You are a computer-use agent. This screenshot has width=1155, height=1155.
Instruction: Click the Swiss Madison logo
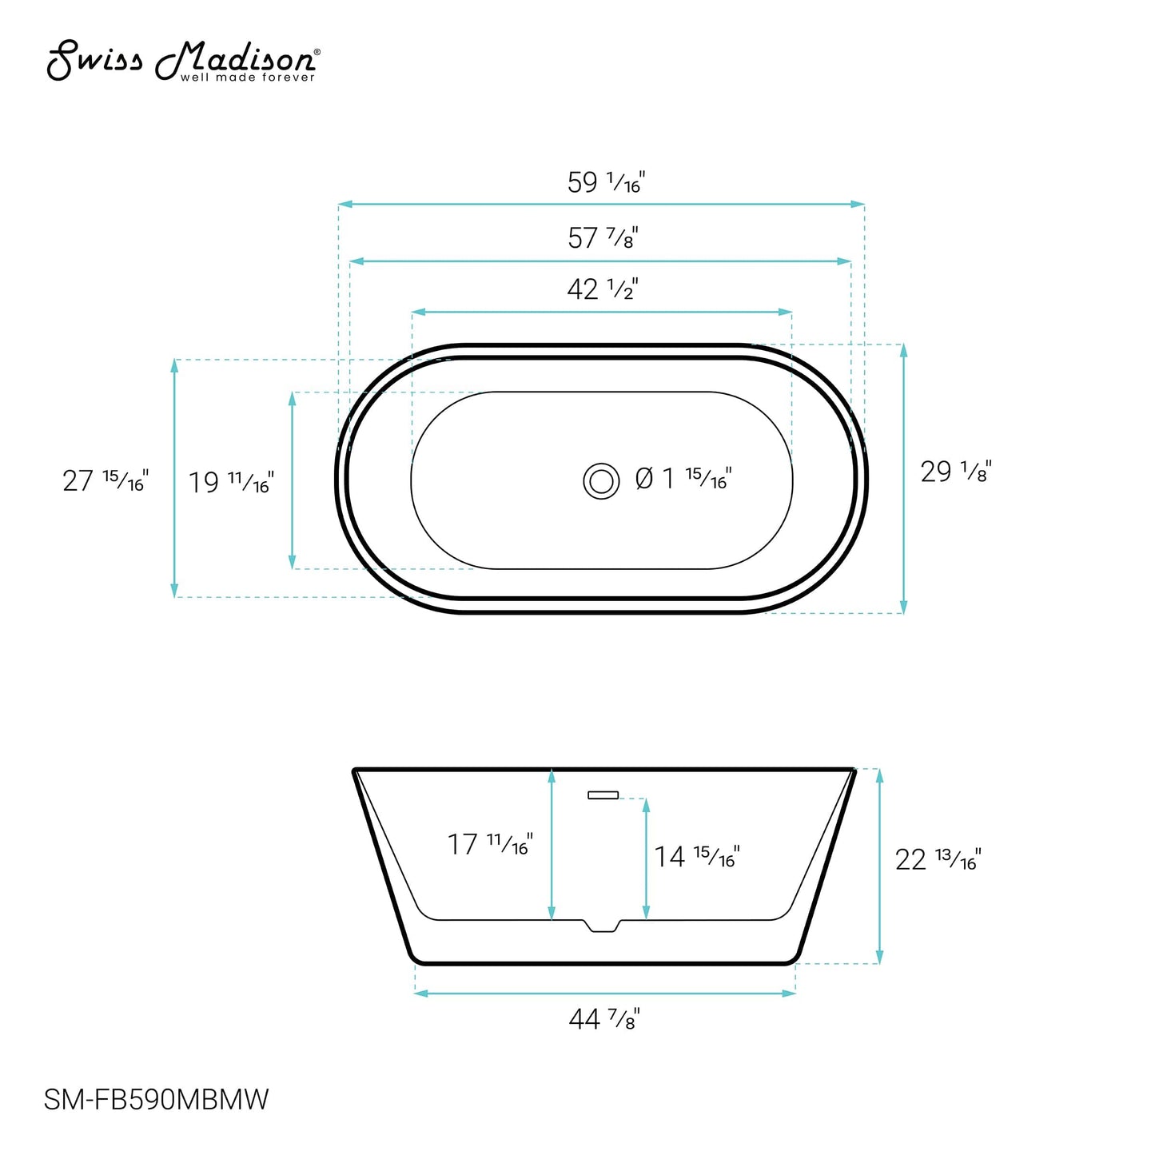pyautogui.click(x=183, y=62)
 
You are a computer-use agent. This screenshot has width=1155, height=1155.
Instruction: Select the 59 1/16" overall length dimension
pyautogui.click(x=605, y=183)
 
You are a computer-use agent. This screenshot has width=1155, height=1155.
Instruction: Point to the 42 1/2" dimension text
pyautogui.click(x=602, y=289)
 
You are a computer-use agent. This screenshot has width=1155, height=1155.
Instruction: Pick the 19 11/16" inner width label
pyautogui.click(x=231, y=483)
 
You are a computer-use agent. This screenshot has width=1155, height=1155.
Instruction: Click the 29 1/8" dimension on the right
pyautogui.click(x=956, y=472)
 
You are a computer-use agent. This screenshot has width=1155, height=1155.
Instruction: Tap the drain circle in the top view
pyautogui.click(x=601, y=481)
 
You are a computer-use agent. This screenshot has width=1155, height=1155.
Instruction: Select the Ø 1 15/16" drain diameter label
pyautogui.click(x=683, y=479)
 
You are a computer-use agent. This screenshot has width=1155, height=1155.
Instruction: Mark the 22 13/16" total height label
pyautogui.click(x=938, y=860)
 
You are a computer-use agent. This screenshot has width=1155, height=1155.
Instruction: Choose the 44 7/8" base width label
pyautogui.click(x=604, y=1019)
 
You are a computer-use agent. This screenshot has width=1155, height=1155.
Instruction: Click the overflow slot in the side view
pyautogui.click(x=603, y=795)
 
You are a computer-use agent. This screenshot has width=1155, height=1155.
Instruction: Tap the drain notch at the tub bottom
pyautogui.click(x=603, y=925)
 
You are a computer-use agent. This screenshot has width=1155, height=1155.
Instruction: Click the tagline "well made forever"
pyautogui.click(x=248, y=78)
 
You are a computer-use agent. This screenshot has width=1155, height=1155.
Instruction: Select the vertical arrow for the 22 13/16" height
pyautogui.click(x=879, y=866)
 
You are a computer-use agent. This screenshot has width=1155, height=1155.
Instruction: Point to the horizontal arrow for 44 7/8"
pyautogui.click(x=605, y=993)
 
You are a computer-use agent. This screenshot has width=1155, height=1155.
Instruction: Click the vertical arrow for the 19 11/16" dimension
pyautogui.click(x=293, y=480)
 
